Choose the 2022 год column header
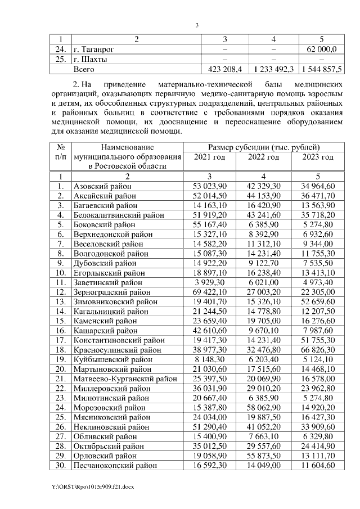[263, 157]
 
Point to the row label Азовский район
[101, 185]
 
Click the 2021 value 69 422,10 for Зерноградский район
[209, 292]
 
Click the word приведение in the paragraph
[125, 83]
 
